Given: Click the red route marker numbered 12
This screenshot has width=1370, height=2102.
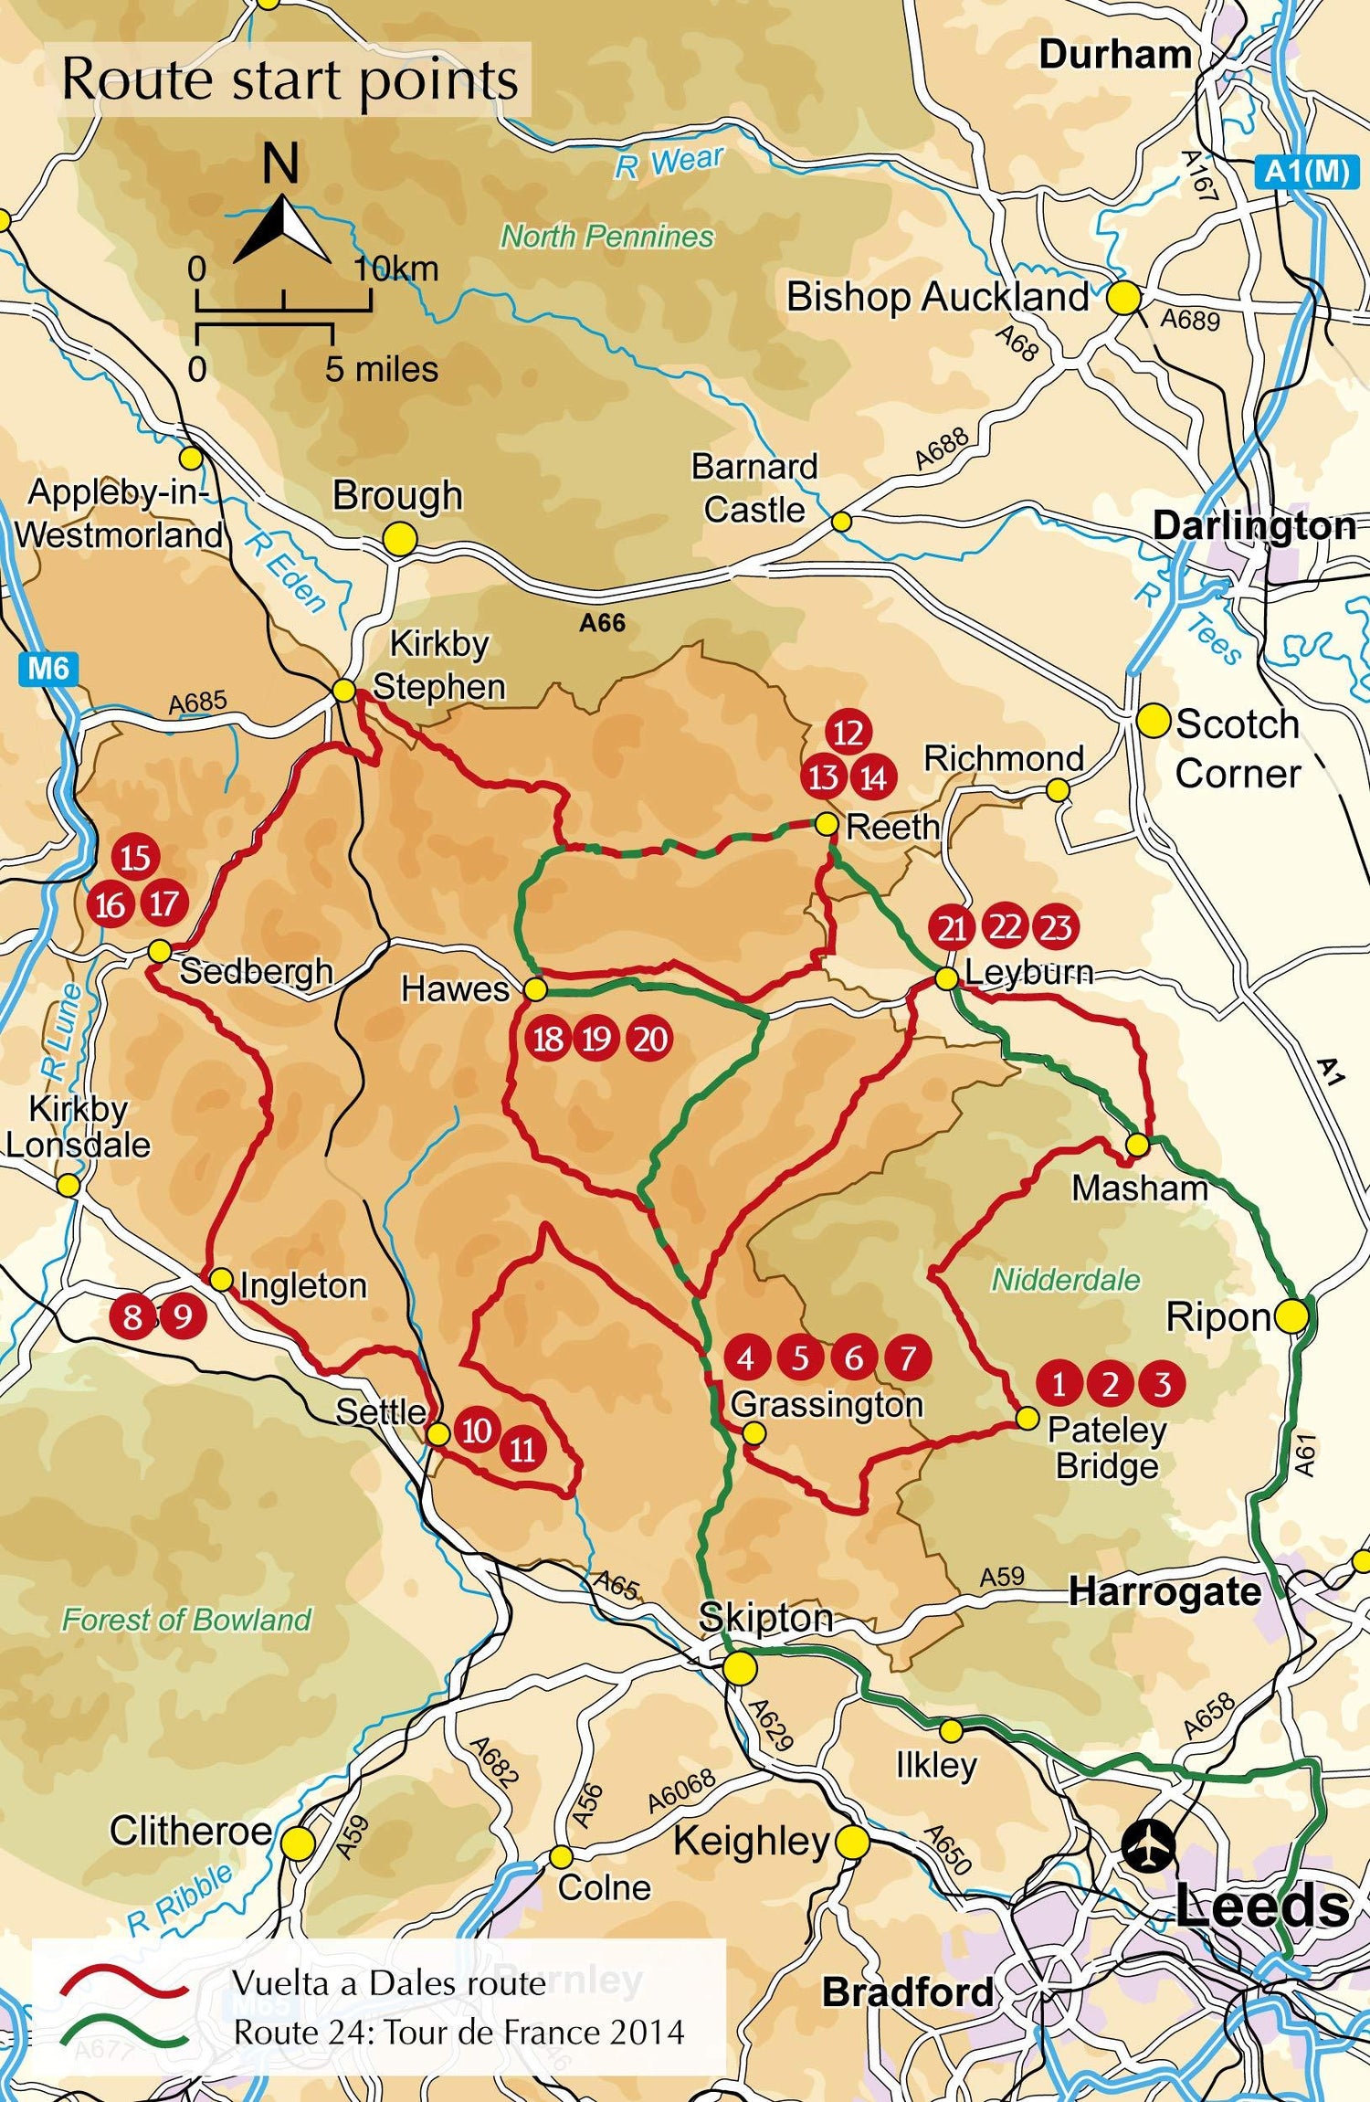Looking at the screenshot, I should point(848,732).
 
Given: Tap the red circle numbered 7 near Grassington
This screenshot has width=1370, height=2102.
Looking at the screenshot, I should point(907,1357).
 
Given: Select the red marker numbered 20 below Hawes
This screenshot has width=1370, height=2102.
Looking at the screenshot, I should point(650,1039).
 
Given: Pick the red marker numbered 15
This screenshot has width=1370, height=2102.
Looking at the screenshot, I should point(135,857).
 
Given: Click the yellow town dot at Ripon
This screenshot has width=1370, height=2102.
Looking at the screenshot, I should point(1291,1316).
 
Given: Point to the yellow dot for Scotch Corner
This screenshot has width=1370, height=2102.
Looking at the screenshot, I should point(1154,721).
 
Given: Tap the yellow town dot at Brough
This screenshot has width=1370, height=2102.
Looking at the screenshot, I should point(399,539).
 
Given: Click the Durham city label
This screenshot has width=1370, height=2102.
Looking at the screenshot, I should point(1114,55).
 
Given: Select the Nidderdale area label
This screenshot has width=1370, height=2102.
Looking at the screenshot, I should point(1066,1280).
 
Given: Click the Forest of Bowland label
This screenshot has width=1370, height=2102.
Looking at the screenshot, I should point(186,1620).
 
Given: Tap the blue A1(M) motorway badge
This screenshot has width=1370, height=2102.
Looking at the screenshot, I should point(1307,173).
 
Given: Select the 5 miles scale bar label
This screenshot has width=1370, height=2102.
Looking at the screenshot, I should point(382,369).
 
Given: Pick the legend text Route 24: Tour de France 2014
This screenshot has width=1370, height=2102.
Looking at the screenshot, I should point(458,2032).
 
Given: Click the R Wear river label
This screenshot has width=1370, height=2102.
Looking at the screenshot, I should point(669,163).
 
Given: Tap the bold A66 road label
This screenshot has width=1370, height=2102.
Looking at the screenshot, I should point(603,623).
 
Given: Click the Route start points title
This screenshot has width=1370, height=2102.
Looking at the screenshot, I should point(290,80).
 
